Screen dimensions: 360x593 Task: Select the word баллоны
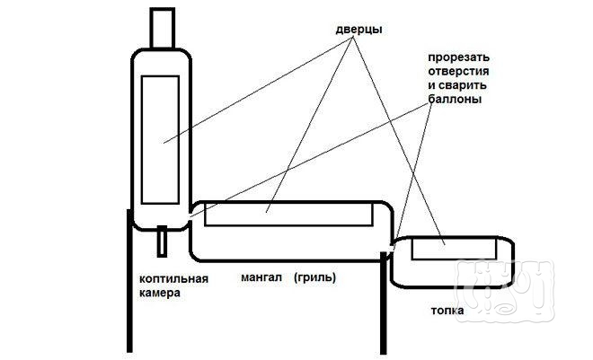(454, 101)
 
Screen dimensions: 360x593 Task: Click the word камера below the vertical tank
(162, 294)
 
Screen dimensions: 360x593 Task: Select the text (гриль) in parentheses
(314, 278)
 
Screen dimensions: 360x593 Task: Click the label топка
(447, 312)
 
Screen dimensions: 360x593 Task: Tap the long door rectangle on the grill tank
(289, 214)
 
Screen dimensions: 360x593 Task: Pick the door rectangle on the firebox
(454, 249)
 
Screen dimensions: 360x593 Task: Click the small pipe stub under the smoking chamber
(162, 240)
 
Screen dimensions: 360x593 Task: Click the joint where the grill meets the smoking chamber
(191, 216)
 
